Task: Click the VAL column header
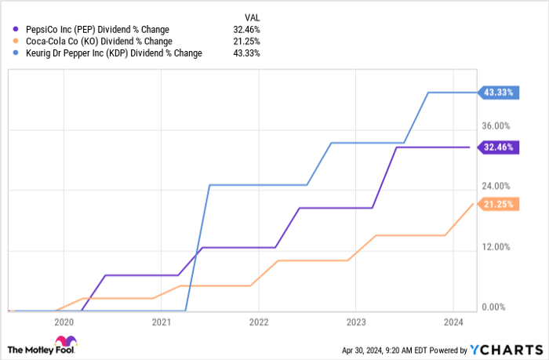tap(254, 15)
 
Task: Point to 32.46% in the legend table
tap(254, 28)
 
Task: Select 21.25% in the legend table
tap(254, 41)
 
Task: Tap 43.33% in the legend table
tap(254, 53)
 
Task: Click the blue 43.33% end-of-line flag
tap(497, 93)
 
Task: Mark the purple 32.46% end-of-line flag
tap(497, 147)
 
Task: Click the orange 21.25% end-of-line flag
tap(497, 204)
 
